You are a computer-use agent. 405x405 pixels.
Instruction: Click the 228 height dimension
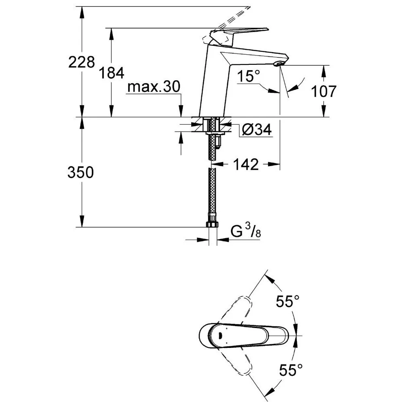81,62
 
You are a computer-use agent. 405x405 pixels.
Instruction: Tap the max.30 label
153,87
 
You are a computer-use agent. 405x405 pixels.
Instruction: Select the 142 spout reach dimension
246,164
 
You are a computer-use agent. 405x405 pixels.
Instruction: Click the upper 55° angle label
288,301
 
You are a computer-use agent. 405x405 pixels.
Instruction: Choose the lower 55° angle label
290,369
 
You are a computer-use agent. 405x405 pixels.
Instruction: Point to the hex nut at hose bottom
213,224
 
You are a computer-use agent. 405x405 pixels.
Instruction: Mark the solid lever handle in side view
239,32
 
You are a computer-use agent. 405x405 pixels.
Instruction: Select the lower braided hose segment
212,194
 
